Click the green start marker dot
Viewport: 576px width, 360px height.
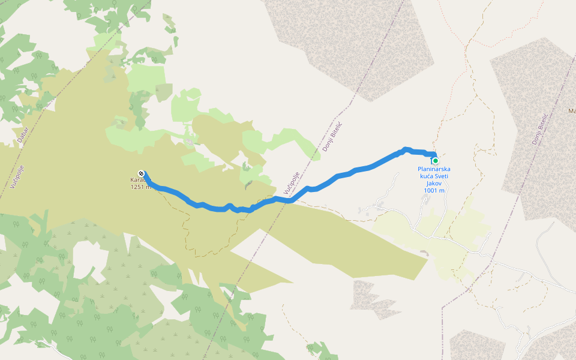[435, 161]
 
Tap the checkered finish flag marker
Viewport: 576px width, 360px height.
[141, 172]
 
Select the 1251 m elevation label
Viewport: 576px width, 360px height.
[141, 187]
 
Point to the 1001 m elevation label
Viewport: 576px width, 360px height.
[434, 190]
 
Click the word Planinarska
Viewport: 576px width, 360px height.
[434, 169]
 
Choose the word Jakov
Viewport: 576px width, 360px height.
[434, 183]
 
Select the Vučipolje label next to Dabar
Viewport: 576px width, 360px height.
[15, 175]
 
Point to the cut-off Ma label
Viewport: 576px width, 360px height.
[571, 111]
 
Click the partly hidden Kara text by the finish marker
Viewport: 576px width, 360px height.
[136, 179]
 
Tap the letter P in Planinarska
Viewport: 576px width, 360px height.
[419, 169]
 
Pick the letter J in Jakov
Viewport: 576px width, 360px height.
[426, 183]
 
